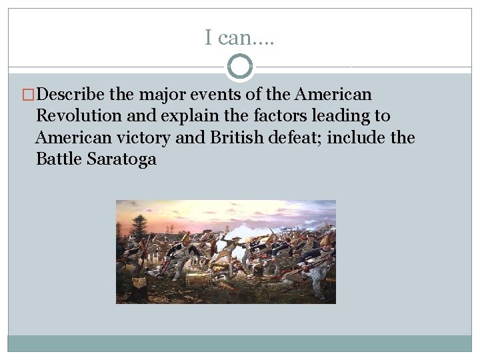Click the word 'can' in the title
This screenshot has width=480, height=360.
click(234, 38)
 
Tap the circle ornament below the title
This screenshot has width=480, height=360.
click(240, 67)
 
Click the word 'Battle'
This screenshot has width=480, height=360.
click(59, 159)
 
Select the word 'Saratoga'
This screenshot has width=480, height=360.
click(121, 159)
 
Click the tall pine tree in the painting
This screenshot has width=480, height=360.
click(139, 227)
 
